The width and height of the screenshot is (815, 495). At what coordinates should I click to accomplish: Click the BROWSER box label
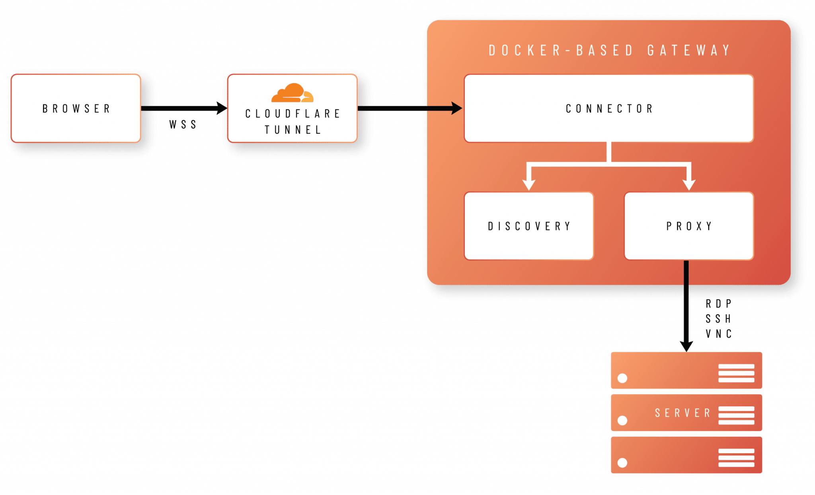(76, 109)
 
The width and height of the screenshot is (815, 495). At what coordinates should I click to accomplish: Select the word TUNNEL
(293, 130)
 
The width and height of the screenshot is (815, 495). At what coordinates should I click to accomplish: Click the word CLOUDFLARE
(292, 114)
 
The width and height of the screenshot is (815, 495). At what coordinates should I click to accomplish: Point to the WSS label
(183, 124)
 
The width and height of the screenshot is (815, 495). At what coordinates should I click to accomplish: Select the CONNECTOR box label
(609, 109)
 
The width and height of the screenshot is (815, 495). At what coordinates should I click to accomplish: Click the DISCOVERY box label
(529, 226)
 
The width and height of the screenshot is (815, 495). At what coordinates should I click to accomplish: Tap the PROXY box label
(689, 226)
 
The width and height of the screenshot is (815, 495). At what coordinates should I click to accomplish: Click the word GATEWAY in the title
(689, 50)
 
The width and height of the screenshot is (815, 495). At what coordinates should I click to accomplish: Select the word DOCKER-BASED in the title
(561, 50)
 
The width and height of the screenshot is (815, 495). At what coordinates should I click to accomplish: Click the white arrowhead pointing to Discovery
(528, 184)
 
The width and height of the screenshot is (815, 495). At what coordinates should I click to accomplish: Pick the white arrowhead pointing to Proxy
(689, 184)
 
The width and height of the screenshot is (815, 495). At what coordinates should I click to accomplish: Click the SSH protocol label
(718, 318)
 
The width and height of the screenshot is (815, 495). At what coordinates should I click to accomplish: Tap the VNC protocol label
(718, 333)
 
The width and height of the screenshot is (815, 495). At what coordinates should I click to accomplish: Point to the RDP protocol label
(718, 304)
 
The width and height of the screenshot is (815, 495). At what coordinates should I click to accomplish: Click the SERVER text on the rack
(682, 413)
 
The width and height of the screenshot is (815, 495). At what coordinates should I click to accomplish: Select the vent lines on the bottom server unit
(736, 458)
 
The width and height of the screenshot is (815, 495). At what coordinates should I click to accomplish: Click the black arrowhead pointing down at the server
(686, 346)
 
